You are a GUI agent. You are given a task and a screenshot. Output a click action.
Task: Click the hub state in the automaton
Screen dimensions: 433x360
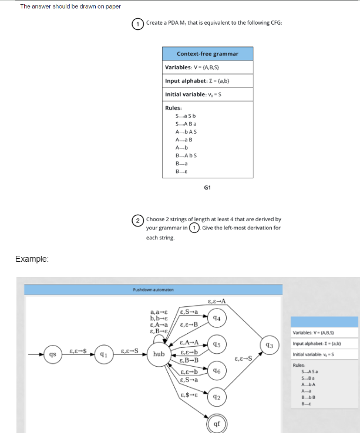(159, 354)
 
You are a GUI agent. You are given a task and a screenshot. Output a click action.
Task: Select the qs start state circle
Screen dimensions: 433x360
(53, 354)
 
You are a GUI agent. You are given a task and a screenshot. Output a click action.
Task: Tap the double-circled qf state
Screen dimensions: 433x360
(217, 424)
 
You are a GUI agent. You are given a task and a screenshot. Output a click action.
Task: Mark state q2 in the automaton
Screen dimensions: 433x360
(217, 397)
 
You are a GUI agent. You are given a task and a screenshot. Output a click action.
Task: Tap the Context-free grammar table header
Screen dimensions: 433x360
(207, 53)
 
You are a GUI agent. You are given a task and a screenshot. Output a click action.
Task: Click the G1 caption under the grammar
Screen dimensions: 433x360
(207, 188)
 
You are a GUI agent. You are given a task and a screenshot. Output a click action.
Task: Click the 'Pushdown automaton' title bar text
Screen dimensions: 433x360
(150, 289)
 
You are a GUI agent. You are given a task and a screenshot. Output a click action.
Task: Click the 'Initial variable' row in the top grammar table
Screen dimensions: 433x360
(207, 94)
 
